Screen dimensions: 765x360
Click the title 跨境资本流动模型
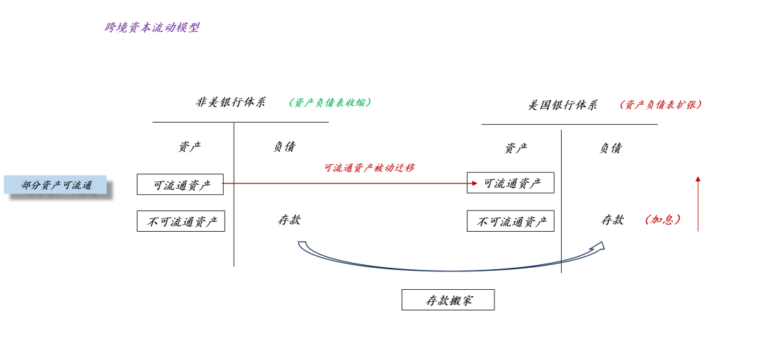[152, 28]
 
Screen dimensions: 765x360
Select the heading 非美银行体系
[231, 102]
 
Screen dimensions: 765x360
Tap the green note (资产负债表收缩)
[330, 102]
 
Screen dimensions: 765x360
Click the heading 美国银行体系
[562, 105]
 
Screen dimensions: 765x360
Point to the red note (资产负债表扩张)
[661, 104]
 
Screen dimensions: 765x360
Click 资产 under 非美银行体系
[189, 147]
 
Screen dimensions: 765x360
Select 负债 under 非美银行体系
[284, 147]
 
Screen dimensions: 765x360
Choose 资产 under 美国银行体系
[516, 148]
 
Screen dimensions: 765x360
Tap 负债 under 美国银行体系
[611, 148]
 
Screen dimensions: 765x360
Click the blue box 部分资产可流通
[56, 185]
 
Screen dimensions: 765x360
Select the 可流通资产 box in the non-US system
[180, 184]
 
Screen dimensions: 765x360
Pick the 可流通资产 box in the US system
[510, 183]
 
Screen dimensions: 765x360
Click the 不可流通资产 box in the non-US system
[181, 221]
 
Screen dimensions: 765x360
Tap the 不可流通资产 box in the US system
[510, 221]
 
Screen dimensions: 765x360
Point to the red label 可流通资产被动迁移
[369, 168]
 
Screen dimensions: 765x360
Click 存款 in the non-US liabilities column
[289, 220]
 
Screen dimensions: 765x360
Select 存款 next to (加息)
[613, 220]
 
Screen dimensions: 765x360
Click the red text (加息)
[663, 220]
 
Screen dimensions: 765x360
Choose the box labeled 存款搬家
[448, 300]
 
